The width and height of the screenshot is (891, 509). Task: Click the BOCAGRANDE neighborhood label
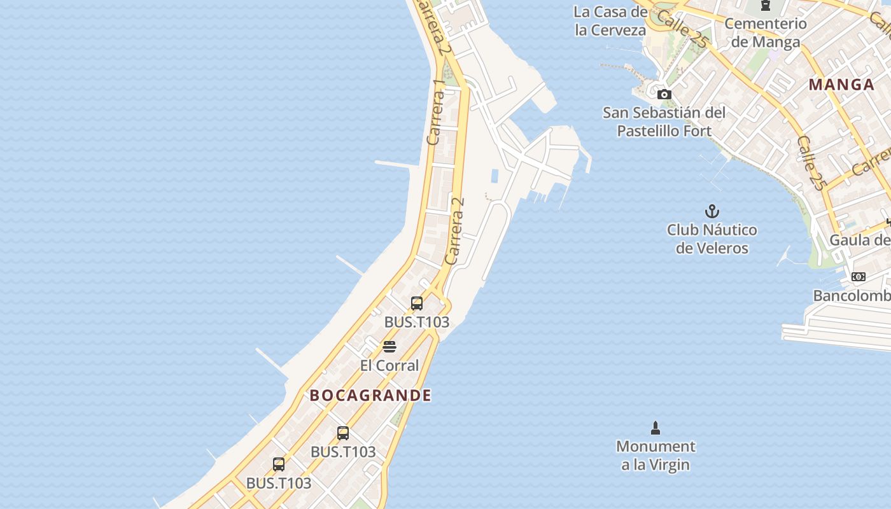pos(370,395)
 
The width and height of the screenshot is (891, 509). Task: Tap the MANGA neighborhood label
pos(841,85)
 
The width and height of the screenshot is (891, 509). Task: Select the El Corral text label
pos(389,365)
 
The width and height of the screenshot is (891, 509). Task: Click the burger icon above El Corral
pos(389,347)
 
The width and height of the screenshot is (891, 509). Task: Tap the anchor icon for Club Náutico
pos(712,211)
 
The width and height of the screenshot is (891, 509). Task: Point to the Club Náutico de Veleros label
pos(712,239)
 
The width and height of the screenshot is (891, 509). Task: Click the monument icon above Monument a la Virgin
pos(656,428)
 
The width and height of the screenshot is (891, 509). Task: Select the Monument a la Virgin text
pos(656,455)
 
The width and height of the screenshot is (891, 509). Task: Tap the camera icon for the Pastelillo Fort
pos(664,95)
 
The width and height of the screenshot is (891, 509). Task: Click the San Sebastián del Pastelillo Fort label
pos(664,122)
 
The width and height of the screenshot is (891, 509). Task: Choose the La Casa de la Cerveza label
pos(610,20)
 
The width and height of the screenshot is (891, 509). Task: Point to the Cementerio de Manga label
pos(766,32)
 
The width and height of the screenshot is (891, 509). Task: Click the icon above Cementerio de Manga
pos(766,6)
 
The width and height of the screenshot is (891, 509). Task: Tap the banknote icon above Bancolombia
pos(859,277)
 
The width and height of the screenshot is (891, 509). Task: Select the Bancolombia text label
pos(852,296)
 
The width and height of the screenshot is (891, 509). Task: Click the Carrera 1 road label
pos(437,112)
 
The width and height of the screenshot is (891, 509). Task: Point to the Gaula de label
pos(859,240)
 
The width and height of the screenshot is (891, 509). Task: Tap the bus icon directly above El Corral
pos(417,303)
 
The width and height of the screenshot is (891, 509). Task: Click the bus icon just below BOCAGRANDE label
pos(343,433)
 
